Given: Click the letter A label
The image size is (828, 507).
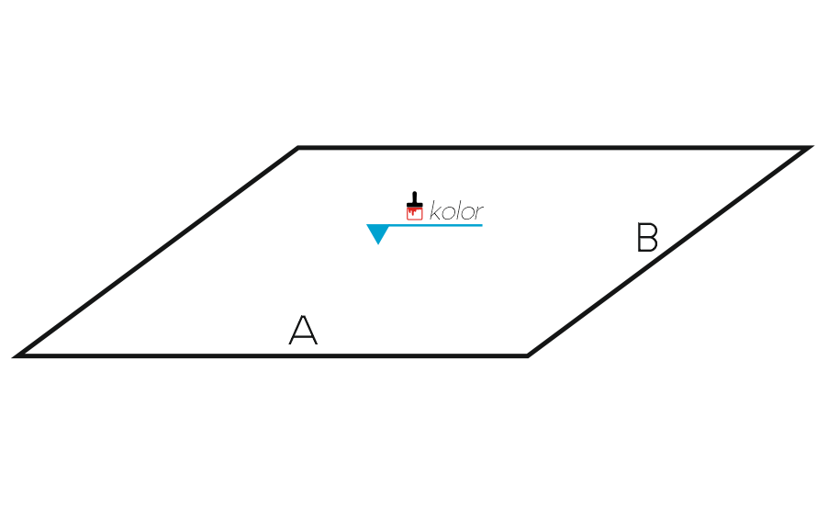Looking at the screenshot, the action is click(x=303, y=330).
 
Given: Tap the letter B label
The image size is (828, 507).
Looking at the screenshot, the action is click(x=647, y=237).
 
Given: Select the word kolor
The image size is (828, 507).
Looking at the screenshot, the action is click(x=456, y=211).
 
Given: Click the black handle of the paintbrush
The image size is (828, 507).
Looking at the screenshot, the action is click(x=415, y=199).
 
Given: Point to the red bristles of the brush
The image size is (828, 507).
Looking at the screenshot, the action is click(x=415, y=213).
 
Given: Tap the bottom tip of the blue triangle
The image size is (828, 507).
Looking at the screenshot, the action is click(x=378, y=244).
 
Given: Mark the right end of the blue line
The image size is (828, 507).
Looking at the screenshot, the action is click(x=482, y=226).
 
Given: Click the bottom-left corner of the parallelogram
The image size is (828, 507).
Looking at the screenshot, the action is click(x=14, y=356).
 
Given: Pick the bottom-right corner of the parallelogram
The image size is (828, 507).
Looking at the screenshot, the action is click(x=528, y=356).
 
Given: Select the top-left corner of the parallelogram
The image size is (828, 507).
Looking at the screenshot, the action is click(x=297, y=147).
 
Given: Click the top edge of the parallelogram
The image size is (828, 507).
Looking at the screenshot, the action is click(x=554, y=148).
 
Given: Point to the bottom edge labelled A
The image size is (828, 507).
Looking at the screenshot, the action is click(x=271, y=356).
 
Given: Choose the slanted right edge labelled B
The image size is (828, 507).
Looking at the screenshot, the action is click(x=670, y=252).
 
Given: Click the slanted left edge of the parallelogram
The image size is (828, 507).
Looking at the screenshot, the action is click(x=156, y=252).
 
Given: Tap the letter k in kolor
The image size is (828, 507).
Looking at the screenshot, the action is click(x=436, y=210).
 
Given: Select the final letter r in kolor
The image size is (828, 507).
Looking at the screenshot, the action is click(x=479, y=213).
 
